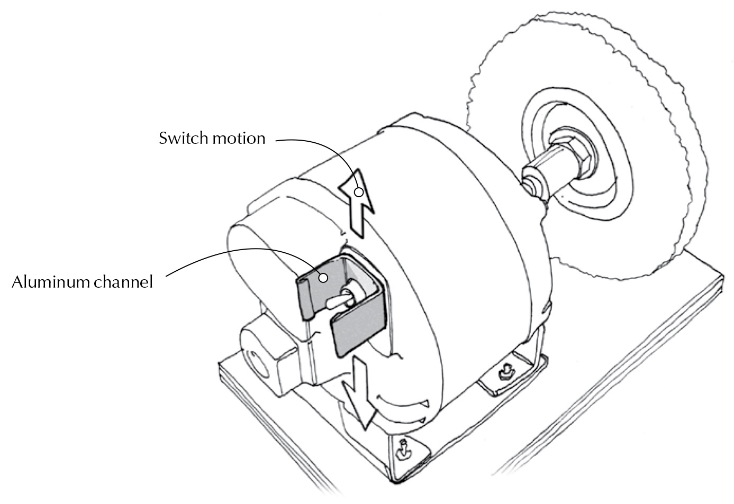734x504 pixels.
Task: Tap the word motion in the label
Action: click(x=238, y=139)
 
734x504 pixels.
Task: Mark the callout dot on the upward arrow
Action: click(x=359, y=192)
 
